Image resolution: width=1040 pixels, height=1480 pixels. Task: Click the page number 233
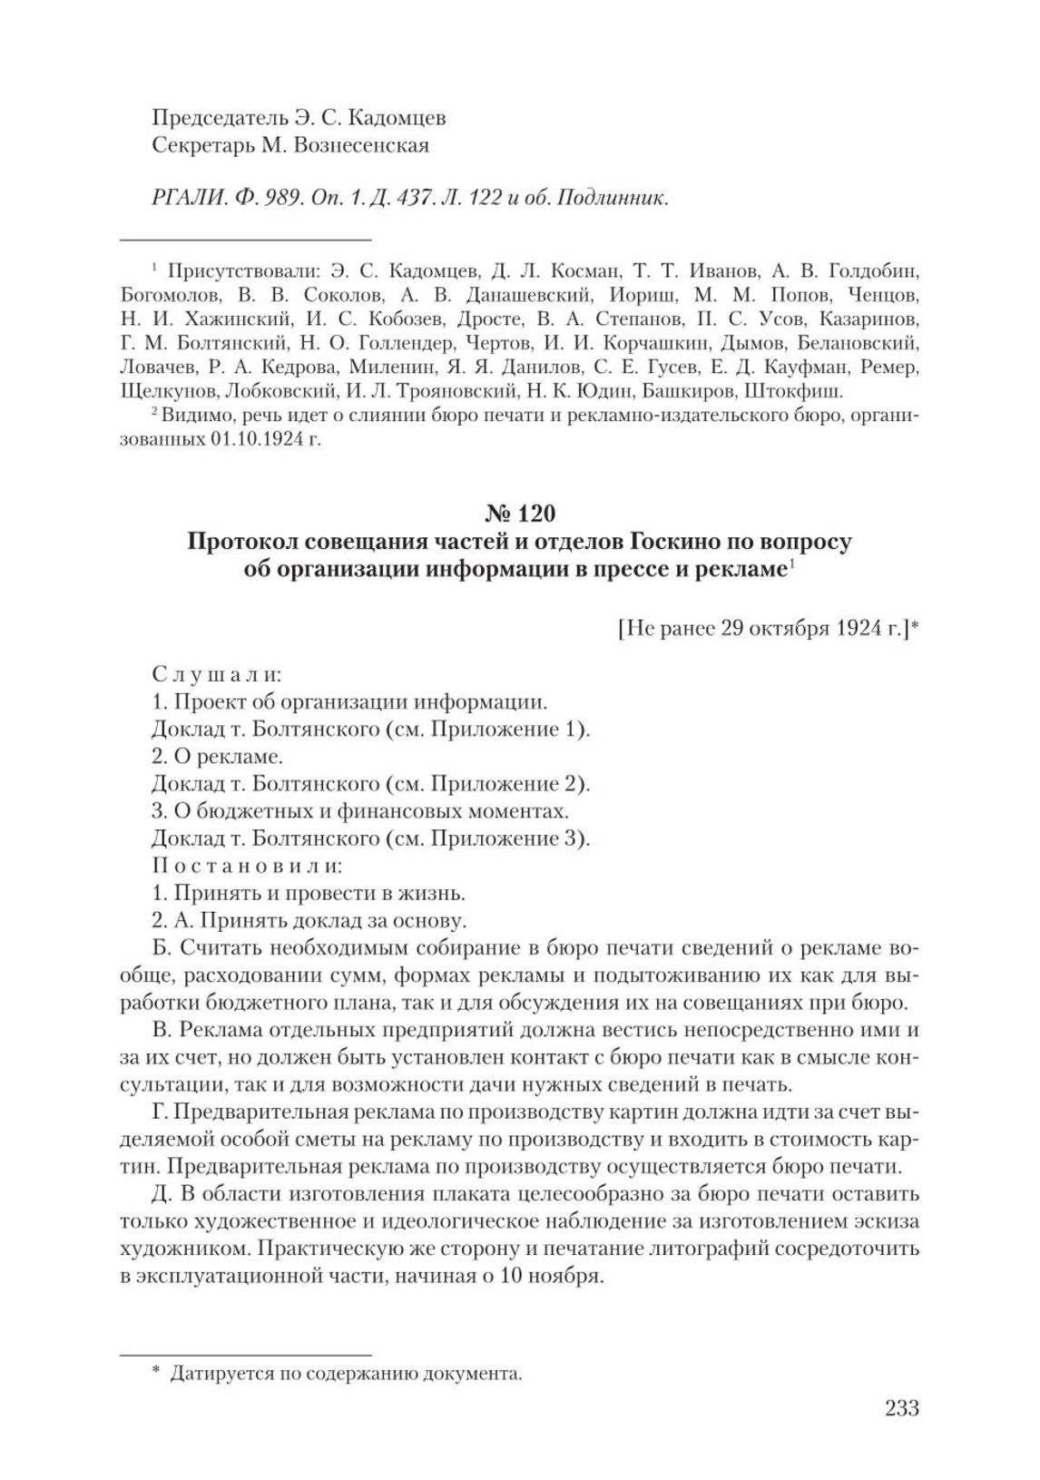tap(900, 1408)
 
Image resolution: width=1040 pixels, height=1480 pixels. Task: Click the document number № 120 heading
tap(519, 514)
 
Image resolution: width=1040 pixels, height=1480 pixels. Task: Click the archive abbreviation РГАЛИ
tap(182, 198)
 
